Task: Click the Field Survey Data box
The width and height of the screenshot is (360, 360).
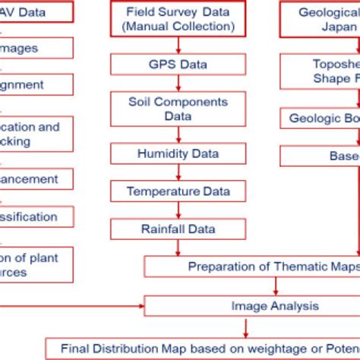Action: [x=178, y=20]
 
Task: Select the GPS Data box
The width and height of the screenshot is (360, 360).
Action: [x=178, y=64]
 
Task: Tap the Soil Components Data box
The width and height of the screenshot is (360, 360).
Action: [x=178, y=108]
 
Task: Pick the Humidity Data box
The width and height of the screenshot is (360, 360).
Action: [x=178, y=153]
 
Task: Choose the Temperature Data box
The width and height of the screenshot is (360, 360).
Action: [x=178, y=191]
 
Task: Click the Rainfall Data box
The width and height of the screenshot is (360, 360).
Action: [x=178, y=228]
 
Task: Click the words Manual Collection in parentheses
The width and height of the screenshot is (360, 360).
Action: [x=178, y=27]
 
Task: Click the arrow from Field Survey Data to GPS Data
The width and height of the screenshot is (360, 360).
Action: [x=178, y=45]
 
